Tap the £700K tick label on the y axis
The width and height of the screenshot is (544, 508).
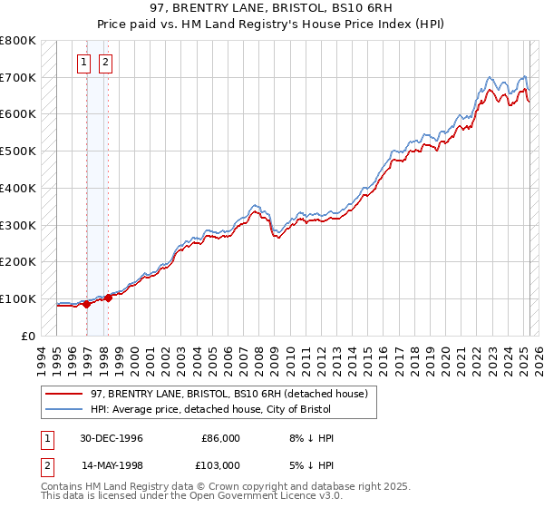click(17, 78)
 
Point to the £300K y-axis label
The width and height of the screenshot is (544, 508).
click(17, 225)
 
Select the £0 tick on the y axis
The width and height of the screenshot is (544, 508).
click(29, 336)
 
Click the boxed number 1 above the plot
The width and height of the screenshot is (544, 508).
click(83, 63)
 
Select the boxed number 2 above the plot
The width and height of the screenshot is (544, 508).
click(105, 63)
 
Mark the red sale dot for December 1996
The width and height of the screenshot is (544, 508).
click(87, 305)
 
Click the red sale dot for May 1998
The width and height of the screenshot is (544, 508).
click(108, 297)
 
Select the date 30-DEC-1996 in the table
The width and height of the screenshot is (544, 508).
click(112, 438)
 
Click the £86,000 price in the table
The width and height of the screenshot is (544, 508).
click(220, 438)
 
